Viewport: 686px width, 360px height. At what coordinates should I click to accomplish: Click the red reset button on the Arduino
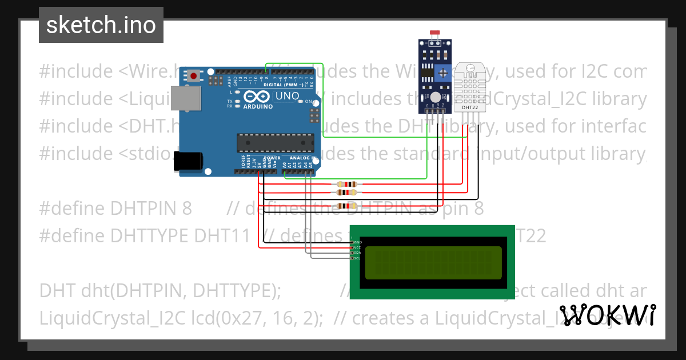(194, 76)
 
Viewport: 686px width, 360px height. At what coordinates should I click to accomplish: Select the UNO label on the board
(287, 96)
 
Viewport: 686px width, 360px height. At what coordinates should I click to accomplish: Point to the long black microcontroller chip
(276, 141)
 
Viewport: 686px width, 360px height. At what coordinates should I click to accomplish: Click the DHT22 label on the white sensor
(470, 107)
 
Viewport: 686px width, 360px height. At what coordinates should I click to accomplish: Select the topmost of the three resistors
(347, 184)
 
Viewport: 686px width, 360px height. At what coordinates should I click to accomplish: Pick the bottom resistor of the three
(347, 206)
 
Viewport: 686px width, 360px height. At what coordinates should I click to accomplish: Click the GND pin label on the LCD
(357, 242)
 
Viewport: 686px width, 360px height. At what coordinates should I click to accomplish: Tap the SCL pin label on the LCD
(357, 258)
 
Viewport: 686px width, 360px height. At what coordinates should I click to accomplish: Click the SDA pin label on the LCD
(357, 253)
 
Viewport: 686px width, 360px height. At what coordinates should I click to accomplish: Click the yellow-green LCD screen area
(433, 262)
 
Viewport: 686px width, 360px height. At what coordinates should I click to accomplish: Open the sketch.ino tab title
(101, 25)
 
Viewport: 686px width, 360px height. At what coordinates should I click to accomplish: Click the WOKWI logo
(607, 315)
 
